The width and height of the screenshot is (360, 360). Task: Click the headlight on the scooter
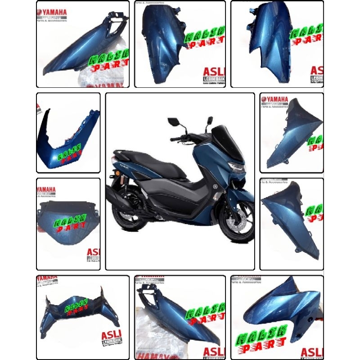tap(237, 169)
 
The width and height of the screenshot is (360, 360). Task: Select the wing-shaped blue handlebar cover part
tap(76, 308)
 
